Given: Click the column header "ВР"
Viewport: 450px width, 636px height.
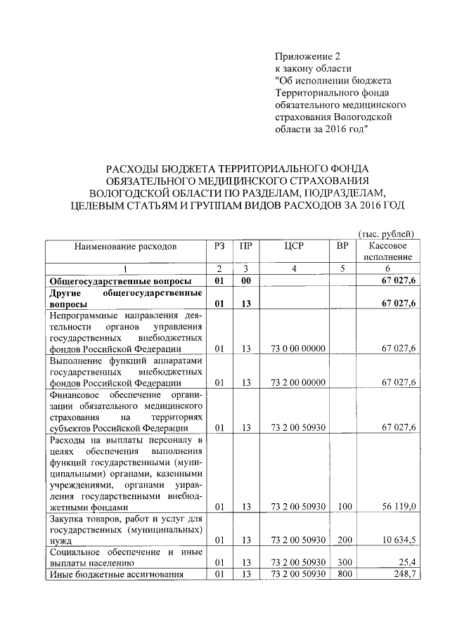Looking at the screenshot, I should [x=342, y=247].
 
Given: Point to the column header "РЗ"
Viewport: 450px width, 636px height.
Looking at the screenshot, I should [x=219, y=247].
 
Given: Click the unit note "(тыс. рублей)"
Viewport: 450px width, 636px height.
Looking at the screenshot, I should [x=386, y=233].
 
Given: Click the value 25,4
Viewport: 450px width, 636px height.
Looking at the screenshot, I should [x=406, y=563].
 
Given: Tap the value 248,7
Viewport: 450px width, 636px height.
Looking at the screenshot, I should [x=403, y=574].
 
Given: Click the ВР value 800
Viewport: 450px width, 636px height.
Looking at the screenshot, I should [x=342, y=574].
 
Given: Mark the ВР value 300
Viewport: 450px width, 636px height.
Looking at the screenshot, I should [x=342, y=563].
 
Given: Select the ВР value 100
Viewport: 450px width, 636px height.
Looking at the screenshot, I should [x=342, y=506].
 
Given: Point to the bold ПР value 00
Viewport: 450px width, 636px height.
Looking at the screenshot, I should [x=245, y=280].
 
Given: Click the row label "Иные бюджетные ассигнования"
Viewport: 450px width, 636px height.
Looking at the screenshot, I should [x=116, y=574].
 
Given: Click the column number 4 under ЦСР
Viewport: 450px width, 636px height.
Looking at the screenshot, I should [x=294, y=268].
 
